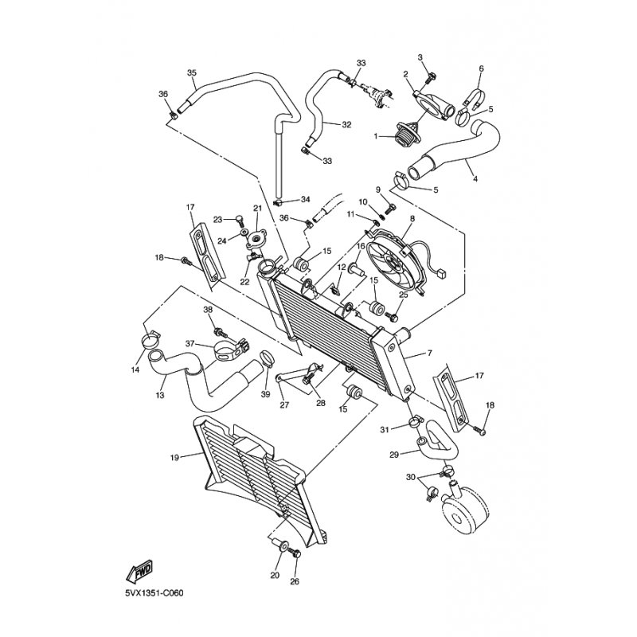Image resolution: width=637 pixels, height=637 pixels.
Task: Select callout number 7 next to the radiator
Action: click(x=429, y=353)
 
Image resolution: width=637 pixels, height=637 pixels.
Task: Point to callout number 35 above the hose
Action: click(x=191, y=73)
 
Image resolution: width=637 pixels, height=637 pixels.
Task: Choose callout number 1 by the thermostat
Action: click(x=376, y=136)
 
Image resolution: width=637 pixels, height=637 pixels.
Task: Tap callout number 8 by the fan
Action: click(x=412, y=218)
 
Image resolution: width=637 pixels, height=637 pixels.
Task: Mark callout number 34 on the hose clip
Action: click(x=305, y=199)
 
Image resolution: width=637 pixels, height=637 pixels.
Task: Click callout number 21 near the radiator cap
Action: click(x=257, y=209)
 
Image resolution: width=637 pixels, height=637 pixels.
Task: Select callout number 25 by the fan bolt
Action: click(x=403, y=295)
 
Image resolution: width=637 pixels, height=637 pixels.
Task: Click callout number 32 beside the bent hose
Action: click(x=346, y=125)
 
